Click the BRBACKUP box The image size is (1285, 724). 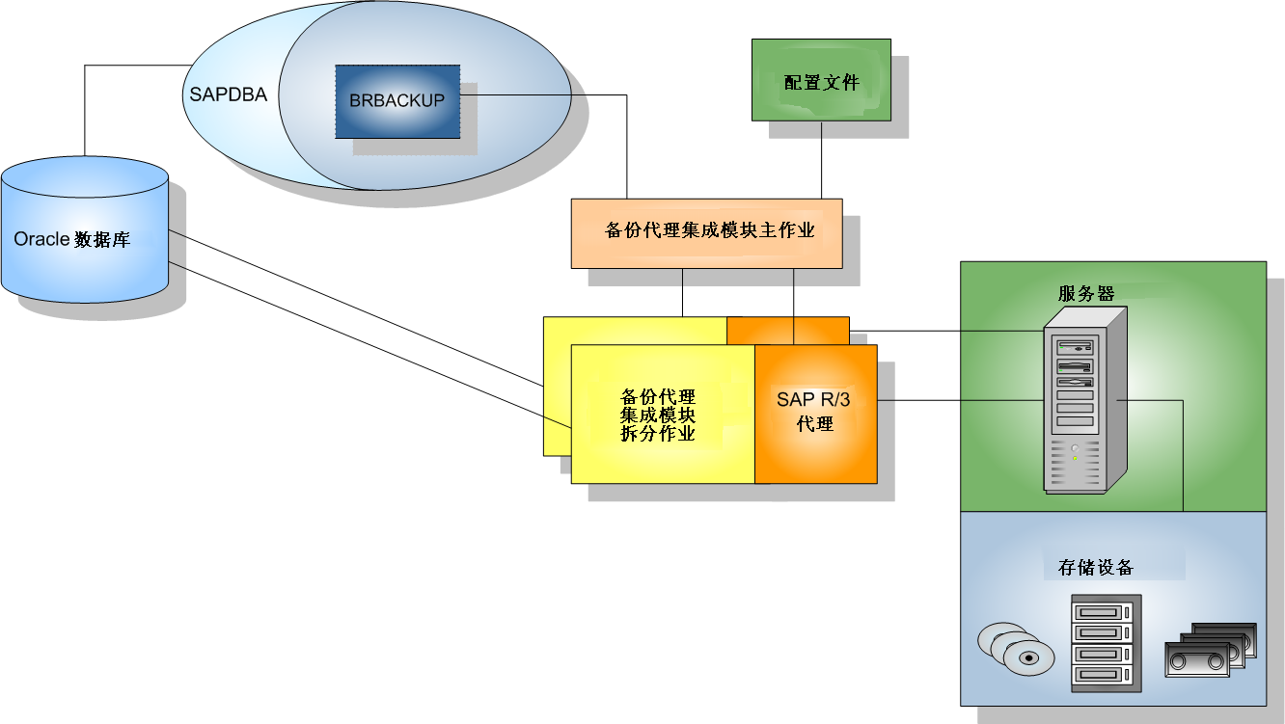(x=397, y=101)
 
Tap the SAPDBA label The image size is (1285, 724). (x=228, y=95)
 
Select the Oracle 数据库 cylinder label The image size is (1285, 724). (x=72, y=239)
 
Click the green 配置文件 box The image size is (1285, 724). (x=821, y=81)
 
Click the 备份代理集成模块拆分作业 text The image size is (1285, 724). (x=658, y=415)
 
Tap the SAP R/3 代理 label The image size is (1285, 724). (x=815, y=412)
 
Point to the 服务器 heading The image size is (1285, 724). (x=1086, y=294)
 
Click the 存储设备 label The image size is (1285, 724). (x=1095, y=567)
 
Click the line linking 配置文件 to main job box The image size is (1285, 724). (x=821, y=160)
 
